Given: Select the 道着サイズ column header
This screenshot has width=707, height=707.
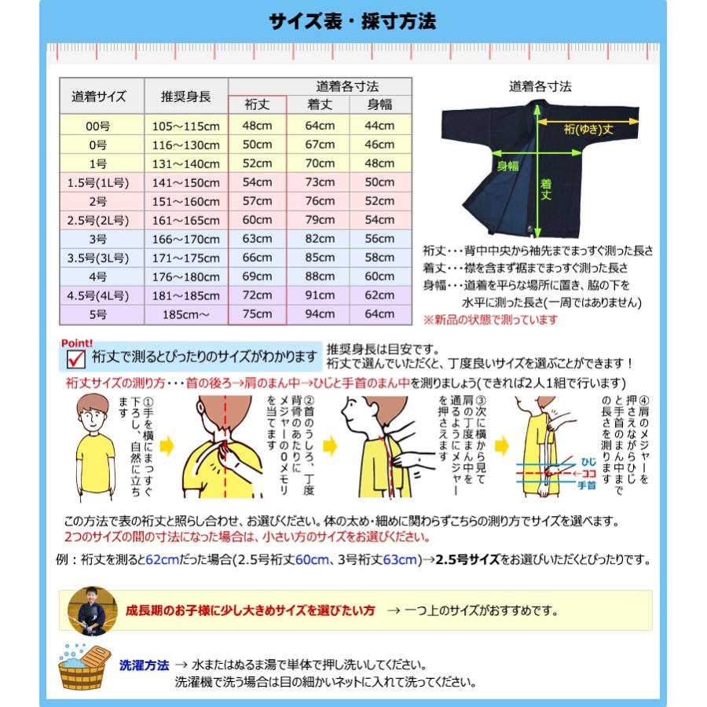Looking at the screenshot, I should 98,97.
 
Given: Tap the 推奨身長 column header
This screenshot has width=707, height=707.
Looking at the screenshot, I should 185,97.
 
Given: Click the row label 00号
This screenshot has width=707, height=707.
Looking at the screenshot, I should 98,125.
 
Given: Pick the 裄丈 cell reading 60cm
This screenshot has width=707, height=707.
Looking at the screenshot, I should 257,220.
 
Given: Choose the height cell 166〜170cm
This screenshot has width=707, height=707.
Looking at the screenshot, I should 186,239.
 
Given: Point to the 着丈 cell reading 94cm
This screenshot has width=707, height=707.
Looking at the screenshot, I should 319,314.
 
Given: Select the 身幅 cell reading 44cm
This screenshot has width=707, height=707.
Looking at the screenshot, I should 380,125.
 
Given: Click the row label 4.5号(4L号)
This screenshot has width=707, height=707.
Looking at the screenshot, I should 98,295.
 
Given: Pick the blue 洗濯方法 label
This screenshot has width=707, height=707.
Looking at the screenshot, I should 144,665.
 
